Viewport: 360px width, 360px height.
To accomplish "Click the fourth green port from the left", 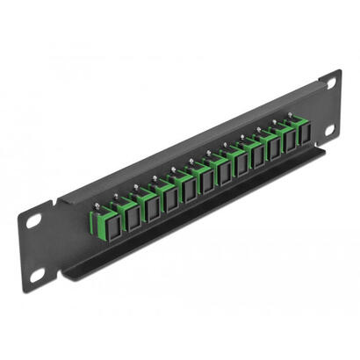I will [x=142, y=198].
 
